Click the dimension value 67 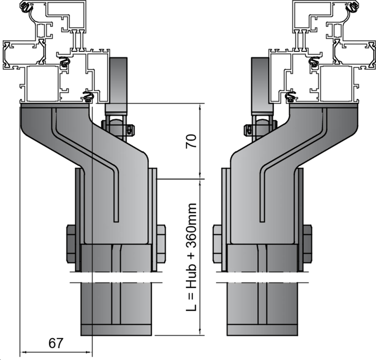tap(55, 343)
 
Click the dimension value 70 tap(191, 141)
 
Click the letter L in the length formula tap(191, 307)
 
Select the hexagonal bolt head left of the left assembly tap(71, 243)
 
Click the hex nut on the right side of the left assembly tap(161, 243)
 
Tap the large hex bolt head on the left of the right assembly tap(217, 243)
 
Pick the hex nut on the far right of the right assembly tap(307, 243)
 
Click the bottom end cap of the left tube tap(116, 330)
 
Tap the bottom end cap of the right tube tap(262, 330)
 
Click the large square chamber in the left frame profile tap(42, 84)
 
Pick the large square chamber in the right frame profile tap(336, 84)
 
